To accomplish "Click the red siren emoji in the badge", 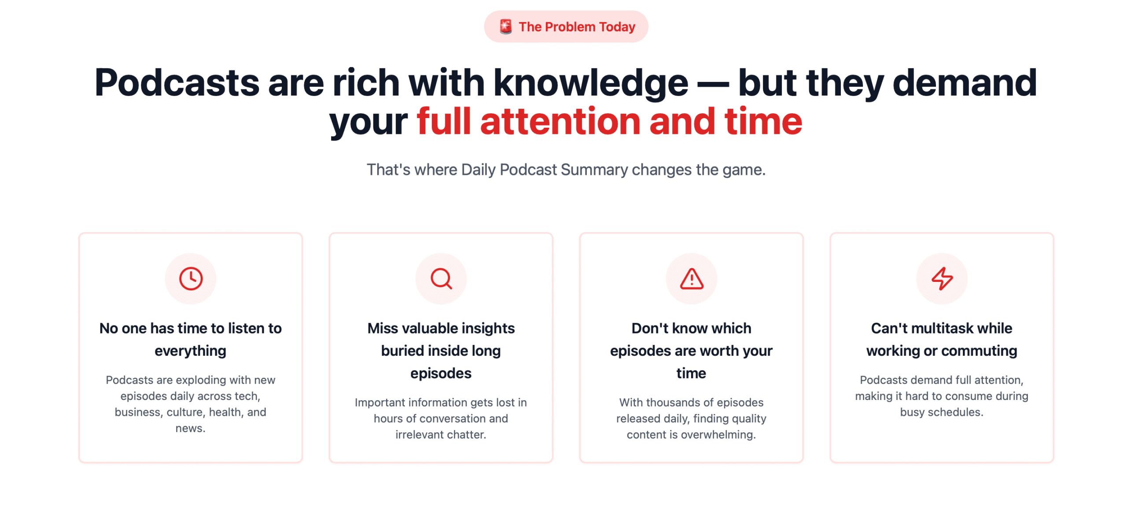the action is coord(505,26).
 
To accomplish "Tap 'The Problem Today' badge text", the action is coord(577,27).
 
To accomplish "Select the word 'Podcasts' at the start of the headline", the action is coord(177,82).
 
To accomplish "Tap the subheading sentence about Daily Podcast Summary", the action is coord(566,170).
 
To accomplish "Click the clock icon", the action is coord(191,278).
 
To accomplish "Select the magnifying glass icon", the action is coord(441,278).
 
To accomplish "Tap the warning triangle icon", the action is coord(692,278).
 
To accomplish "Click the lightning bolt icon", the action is coord(942,278).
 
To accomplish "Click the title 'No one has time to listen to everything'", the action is coord(191,339).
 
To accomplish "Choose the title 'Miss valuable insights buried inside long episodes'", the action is coord(441,351).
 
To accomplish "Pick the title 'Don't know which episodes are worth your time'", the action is coord(691,351).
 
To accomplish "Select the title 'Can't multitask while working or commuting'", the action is coord(942,339).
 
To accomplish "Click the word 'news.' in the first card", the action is coord(191,428).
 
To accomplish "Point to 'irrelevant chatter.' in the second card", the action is coord(441,435).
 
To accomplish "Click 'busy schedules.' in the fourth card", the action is coord(942,412).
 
